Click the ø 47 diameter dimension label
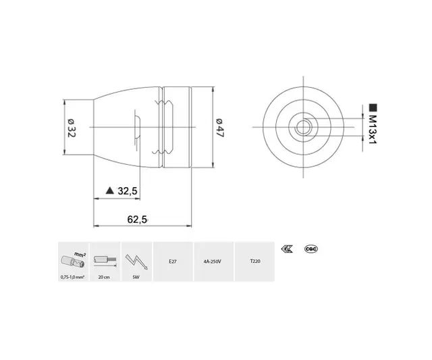[x=219, y=128]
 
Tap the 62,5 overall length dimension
[x=137, y=218]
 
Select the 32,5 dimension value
[x=128, y=191]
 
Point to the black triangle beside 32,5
[x=110, y=191]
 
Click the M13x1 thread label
[x=372, y=131]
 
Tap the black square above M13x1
[x=372, y=107]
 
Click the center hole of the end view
[x=304, y=126]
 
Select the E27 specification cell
[x=173, y=260]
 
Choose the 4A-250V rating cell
[x=213, y=260]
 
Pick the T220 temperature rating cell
[x=254, y=260]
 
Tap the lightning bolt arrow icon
[x=136, y=259]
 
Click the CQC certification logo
[x=312, y=249]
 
